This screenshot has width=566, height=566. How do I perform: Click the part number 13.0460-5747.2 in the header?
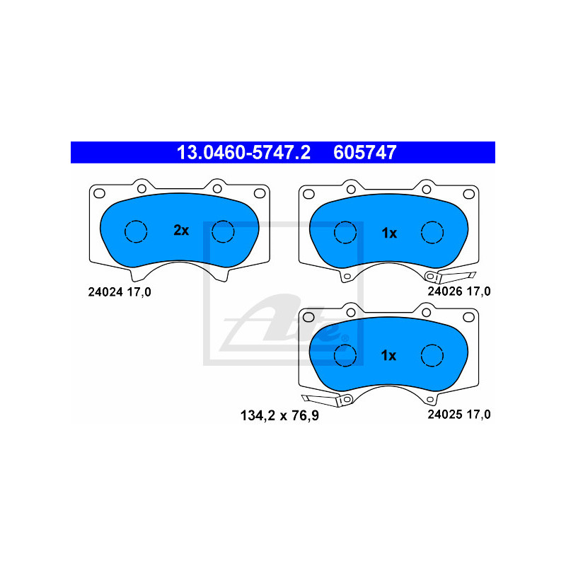pyautogui.click(x=243, y=152)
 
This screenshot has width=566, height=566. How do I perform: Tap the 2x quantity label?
pyautogui.click(x=181, y=230)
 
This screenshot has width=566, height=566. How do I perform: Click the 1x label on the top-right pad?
pyautogui.click(x=389, y=232)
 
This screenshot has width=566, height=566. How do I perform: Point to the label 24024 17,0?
pyautogui.click(x=120, y=291)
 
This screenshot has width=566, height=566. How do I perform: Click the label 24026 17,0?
pyautogui.click(x=458, y=291)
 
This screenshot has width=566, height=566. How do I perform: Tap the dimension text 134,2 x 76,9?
pyautogui.click(x=272, y=415)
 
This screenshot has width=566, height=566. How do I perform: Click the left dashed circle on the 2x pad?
pyautogui.click(x=135, y=231)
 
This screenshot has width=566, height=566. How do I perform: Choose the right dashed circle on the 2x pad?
pyautogui.click(x=223, y=231)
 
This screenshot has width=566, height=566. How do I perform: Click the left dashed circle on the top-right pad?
pyautogui.click(x=345, y=231)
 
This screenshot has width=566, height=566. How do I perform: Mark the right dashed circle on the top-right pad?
pyautogui.click(x=432, y=231)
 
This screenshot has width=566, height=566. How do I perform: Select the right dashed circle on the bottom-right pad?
pyautogui.click(x=432, y=355)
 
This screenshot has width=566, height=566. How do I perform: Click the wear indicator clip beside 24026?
pyautogui.click(x=453, y=277)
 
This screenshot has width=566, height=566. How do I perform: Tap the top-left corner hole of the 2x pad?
pyautogui.click(x=99, y=192)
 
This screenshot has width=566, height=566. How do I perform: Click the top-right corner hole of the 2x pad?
pyautogui.click(x=258, y=192)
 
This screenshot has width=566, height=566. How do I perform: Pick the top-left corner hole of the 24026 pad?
pyautogui.click(x=308, y=192)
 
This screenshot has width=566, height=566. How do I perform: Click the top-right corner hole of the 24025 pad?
pyautogui.click(x=468, y=316)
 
